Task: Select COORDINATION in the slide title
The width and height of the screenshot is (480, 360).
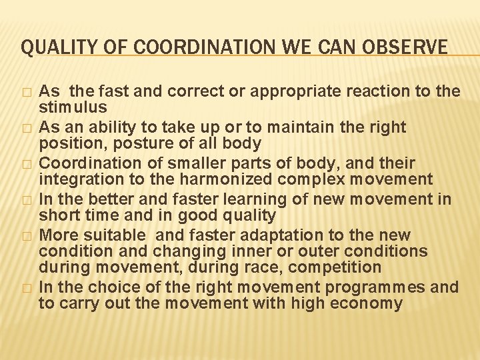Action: (x=179, y=47)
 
